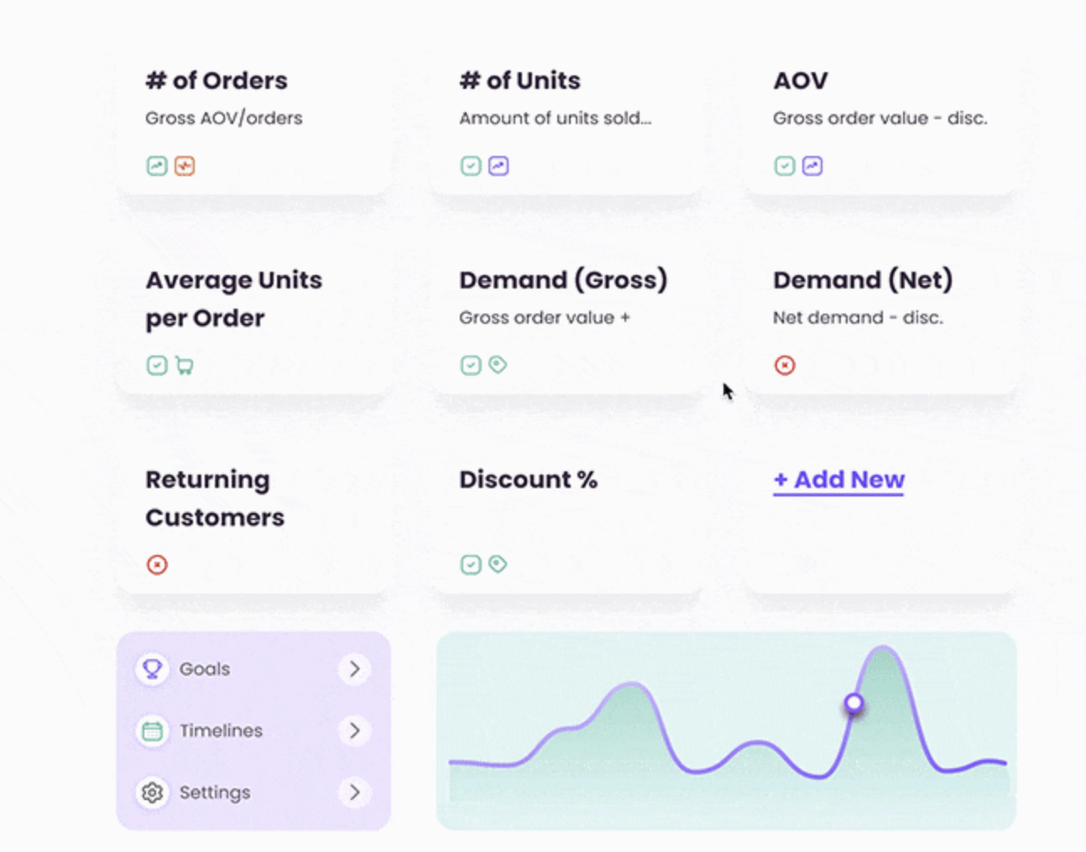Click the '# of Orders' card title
[x=217, y=81]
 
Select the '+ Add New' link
[x=838, y=480]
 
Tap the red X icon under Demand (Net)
[x=785, y=366]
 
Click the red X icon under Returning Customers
[x=157, y=565]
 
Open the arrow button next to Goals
[x=354, y=669]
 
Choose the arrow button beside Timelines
[x=354, y=730]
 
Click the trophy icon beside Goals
[x=152, y=669]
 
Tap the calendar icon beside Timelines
[x=152, y=731]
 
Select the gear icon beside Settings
[x=152, y=792]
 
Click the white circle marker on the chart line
[x=854, y=703]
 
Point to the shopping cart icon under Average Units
[x=185, y=366]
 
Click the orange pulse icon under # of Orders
[x=185, y=166]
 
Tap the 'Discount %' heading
[x=528, y=480]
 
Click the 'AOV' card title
[x=801, y=81]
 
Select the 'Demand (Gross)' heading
[x=563, y=280]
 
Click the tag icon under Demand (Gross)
[x=498, y=365]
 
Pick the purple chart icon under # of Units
[x=499, y=166]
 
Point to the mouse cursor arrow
[x=728, y=392]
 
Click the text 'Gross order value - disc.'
[x=880, y=118]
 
